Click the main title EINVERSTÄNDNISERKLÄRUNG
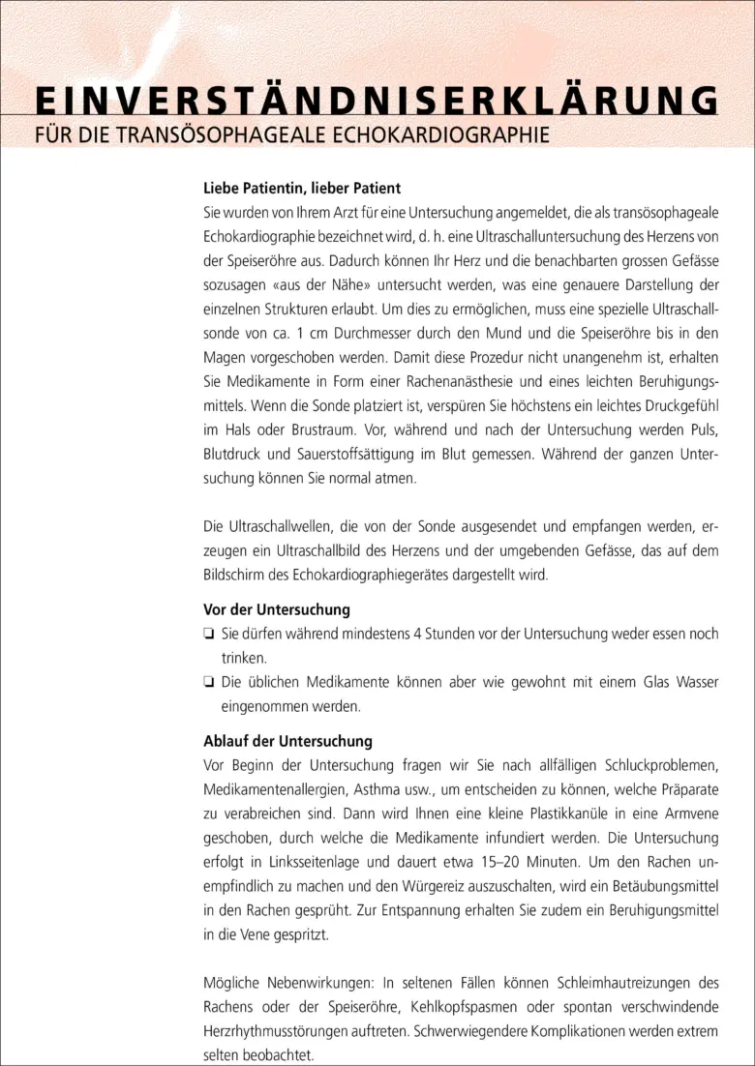(x=377, y=102)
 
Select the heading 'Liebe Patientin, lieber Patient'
(x=302, y=188)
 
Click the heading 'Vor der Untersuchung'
(x=277, y=610)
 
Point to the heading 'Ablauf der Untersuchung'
(x=287, y=742)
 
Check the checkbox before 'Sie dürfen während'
(x=208, y=635)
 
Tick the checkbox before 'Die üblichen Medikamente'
(x=208, y=683)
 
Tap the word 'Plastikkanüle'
(x=512, y=814)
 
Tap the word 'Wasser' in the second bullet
(x=694, y=683)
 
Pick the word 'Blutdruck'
(x=234, y=454)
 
